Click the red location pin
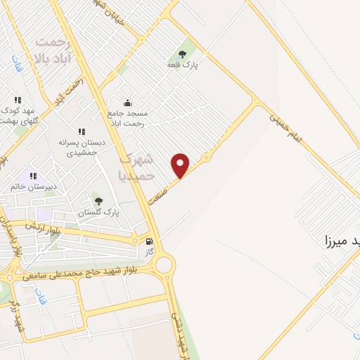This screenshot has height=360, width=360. click(181, 165)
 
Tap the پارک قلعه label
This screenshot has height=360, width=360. click(182, 65)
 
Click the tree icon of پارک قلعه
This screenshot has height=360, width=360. click(183, 54)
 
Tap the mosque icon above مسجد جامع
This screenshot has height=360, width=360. click(127, 102)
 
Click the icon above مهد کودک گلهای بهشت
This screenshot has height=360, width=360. click(18, 101)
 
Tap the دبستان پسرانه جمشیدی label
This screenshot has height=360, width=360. click(82, 146)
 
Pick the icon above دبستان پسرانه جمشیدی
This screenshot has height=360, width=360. click(82, 131)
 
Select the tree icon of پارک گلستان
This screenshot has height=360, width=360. click(97, 201)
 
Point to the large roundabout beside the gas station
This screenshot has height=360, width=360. click(165, 264)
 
